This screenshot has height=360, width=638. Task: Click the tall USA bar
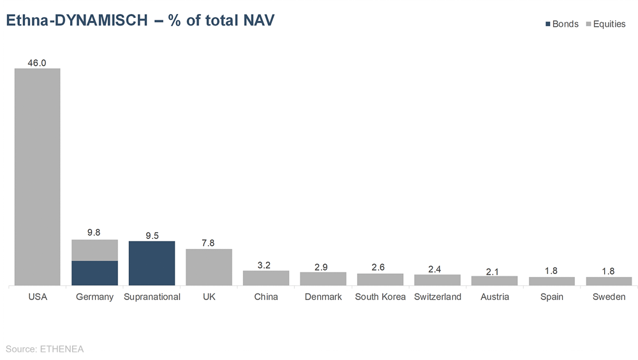(38, 177)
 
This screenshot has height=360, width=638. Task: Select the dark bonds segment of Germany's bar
(94, 273)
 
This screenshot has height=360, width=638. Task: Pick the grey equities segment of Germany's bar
(94, 250)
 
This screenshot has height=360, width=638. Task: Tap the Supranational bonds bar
(152, 263)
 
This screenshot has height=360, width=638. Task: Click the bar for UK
(209, 267)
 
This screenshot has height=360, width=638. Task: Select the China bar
(266, 278)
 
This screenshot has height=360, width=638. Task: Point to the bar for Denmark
(323, 278)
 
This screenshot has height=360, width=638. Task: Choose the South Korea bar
(380, 279)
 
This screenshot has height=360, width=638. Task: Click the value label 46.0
(37, 63)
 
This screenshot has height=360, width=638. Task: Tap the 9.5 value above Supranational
(152, 236)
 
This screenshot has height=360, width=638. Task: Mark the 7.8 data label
(209, 243)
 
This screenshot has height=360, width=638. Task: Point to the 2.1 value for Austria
(494, 271)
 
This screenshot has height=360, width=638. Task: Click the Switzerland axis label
(438, 297)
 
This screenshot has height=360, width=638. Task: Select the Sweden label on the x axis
(609, 297)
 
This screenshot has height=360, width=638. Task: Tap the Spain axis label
(552, 297)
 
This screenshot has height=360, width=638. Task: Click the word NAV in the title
(258, 20)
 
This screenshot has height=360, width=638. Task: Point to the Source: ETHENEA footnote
(45, 349)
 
